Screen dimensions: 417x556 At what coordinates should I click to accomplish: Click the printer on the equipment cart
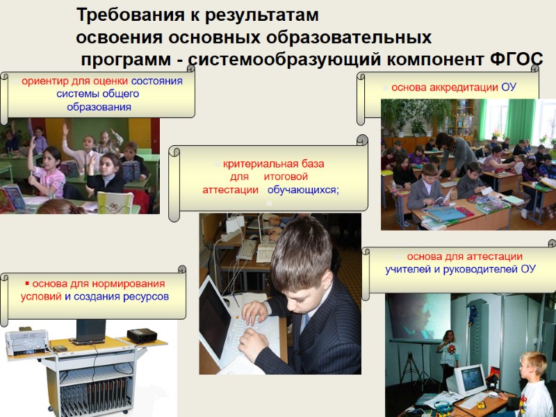[26, 341]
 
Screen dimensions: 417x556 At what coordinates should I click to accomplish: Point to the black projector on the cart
[141, 336]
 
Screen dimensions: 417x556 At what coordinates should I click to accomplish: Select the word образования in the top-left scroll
[99, 107]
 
